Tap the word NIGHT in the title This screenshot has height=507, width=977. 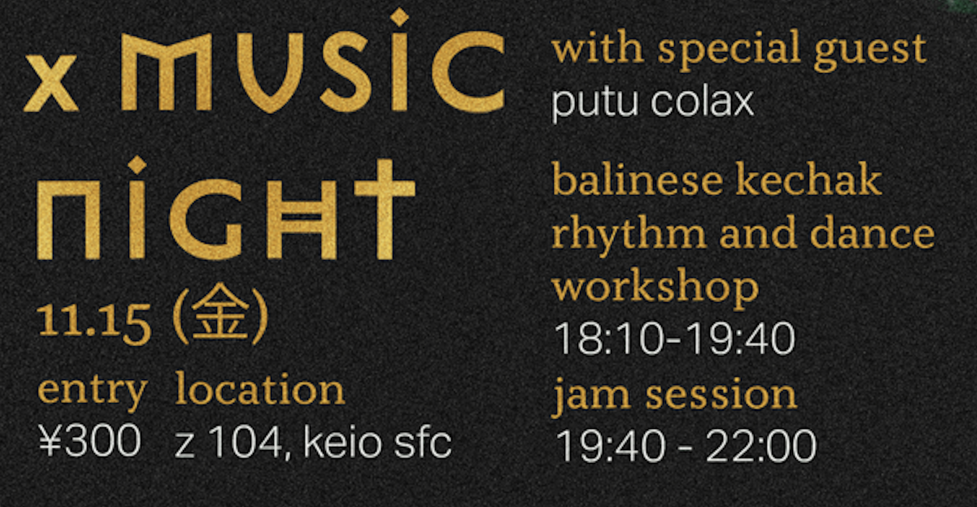click(226, 208)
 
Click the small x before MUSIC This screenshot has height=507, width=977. click(50, 83)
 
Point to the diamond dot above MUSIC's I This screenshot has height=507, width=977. click(399, 17)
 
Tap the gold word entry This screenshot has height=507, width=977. click(92, 392)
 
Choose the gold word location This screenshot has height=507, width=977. click(260, 389)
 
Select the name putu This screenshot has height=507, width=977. click(595, 103)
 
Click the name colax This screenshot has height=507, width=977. click(702, 101)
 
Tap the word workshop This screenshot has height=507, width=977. click(655, 288)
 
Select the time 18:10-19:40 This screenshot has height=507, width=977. click(674, 339)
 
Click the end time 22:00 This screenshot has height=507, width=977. click(760, 445)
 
